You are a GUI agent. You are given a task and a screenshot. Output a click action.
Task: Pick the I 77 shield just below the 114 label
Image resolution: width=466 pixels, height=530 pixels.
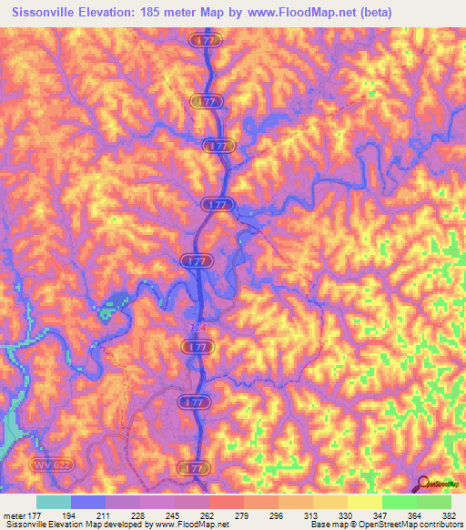[197, 347]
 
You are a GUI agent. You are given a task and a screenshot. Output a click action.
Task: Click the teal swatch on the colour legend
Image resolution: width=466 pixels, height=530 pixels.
[53, 502]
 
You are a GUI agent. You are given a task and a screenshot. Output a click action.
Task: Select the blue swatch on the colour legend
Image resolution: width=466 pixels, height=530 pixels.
[87, 502]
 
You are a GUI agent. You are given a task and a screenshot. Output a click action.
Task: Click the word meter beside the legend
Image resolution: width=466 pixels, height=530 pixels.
[14, 515]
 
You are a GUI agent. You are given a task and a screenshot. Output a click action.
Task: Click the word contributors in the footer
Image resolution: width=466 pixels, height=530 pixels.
[437, 525]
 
